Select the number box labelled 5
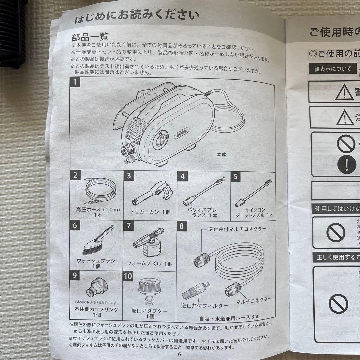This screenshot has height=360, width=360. click(236, 176)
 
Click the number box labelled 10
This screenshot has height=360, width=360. click(128, 276)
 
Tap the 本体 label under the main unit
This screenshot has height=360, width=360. click(222, 155)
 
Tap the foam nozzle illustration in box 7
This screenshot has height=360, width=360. click(148, 243)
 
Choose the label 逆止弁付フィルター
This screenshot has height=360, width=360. click(204, 305)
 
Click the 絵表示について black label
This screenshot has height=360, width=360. click(328, 69)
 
